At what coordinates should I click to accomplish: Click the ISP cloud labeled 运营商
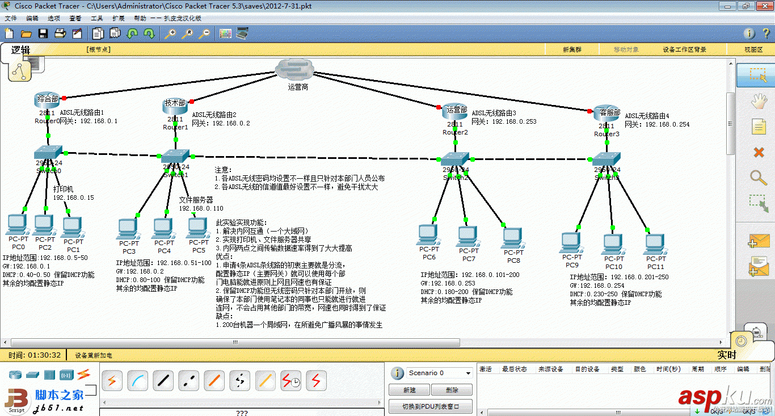[x=294, y=70]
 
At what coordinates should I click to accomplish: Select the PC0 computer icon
[x=17, y=225]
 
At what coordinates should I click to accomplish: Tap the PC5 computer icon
[x=197, y=229]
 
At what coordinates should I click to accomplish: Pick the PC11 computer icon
[x=655, y=245]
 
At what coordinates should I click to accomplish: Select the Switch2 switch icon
[x=455, y=159]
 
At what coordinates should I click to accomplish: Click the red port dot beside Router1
[x=192, y=102]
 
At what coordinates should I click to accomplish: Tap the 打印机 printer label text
[x=63, y=189]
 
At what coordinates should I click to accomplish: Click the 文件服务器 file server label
[x=196, y=200]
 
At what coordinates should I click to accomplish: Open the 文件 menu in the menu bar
[x=11, y=18]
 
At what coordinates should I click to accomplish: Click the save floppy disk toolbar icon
[x=43, y=33]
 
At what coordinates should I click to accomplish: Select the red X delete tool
[x=759, y=152]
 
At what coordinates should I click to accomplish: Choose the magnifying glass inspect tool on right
[x=759, y=178]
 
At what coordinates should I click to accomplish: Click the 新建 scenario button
[x=409, y=390]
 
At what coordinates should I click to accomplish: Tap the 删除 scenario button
[x=452, y=390]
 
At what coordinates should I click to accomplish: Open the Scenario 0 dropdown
[x=439, y=373]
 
